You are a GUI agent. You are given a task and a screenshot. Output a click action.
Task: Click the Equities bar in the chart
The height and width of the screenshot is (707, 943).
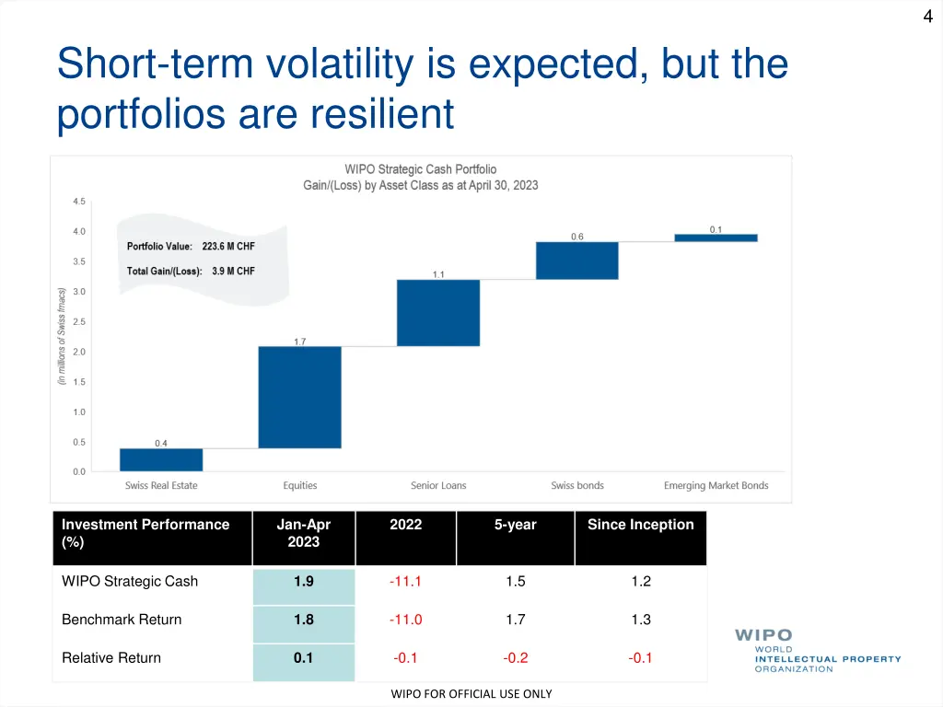(x=299, y=397)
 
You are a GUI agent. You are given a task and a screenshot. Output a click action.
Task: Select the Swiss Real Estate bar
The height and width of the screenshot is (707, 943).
(x=161, y=459)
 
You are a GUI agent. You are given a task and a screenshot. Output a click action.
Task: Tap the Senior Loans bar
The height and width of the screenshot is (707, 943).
(x=438, y=312)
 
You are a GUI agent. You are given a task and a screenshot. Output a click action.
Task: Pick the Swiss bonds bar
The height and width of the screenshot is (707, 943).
(x=577, y=261)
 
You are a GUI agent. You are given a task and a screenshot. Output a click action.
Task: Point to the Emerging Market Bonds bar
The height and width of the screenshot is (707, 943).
(x=716, y=238)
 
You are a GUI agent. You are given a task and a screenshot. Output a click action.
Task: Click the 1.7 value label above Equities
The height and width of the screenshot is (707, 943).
(x=300, y=342)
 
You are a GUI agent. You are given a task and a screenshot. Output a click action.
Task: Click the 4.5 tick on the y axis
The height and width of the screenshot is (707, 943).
(x=79, y=202)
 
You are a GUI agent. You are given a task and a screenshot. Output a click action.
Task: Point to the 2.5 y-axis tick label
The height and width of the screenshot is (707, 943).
(x=79, y=322)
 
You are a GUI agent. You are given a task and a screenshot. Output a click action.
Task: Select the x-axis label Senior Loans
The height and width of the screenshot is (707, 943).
(x=438, y=485)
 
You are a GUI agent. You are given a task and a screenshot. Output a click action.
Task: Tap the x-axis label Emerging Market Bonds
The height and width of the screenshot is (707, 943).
(x=716, y=485)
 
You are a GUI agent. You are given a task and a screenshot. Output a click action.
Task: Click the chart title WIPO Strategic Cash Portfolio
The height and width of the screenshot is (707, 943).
(x=420, y=169)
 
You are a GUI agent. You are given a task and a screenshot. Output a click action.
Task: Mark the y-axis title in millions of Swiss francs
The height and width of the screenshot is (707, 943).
(x=62, y=336)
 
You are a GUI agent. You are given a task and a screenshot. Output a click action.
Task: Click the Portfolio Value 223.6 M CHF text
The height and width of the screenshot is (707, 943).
(x=191, y=247)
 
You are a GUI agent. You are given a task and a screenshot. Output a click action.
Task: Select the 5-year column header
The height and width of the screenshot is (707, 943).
(x=515, y=525)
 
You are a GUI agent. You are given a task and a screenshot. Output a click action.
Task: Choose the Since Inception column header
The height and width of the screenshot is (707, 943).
(x=640, y=525)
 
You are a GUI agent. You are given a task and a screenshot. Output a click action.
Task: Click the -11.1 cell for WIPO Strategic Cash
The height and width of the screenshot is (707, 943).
(x=405, y=581)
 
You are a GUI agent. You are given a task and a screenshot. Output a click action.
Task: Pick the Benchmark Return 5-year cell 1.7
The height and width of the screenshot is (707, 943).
(x=515, y=620)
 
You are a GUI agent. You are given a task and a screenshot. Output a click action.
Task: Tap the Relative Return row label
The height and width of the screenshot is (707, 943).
(x=111, y=657)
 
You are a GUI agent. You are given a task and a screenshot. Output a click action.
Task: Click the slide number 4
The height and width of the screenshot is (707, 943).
(x=927, y=15)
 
